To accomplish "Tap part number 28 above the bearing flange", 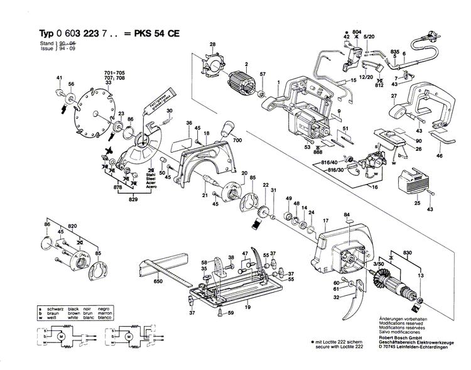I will click(x=212, y=44).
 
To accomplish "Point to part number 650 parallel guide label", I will click(x=158, y=281).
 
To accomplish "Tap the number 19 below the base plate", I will click(x=247, y=307).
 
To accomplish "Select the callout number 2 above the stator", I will click(x=247, y=65).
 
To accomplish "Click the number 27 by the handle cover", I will click(x=395, y=96).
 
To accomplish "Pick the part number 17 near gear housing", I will click(x=325, y=221).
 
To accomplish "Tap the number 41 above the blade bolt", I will click(x=60, y=78).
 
